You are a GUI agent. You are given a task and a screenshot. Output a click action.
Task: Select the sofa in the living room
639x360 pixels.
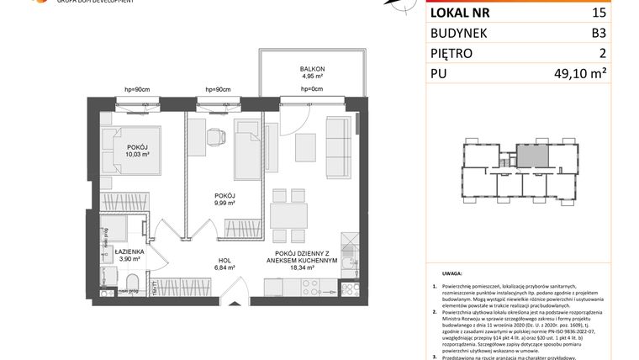[x=339, y=143]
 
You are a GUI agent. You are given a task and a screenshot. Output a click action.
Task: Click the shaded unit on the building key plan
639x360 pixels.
[x=529, y=155]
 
